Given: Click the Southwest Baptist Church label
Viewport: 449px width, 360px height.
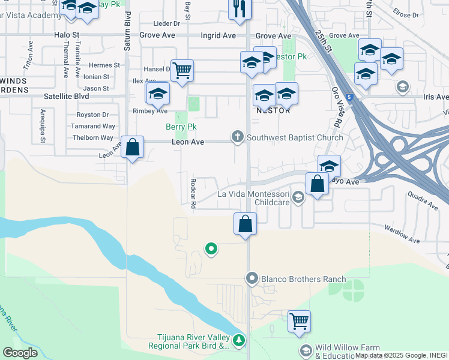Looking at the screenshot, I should click(x=295, y=138).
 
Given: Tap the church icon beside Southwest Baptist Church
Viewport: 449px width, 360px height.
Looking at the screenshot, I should click(x=238, y=138).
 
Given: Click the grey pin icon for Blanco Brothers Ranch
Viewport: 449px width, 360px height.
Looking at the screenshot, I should click(x=252, y=278).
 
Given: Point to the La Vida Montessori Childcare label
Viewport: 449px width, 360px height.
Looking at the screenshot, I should click(x=262, y=198).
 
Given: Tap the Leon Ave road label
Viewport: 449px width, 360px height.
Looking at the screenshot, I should click(x=188, y=142).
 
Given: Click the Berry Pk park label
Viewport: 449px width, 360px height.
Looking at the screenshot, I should click(x=181, y=127).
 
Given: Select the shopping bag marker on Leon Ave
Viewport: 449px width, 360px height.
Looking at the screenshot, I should click(x=132, y=146).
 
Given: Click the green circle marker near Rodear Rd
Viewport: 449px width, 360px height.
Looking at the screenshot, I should click(x=211, y=248).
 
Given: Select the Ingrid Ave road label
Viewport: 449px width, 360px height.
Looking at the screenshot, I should click(x=218, y=36).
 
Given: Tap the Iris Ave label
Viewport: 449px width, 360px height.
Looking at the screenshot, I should click(x=436, y=96).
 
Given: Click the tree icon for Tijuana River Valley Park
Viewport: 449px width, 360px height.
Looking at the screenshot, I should click(x=240, y=341).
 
